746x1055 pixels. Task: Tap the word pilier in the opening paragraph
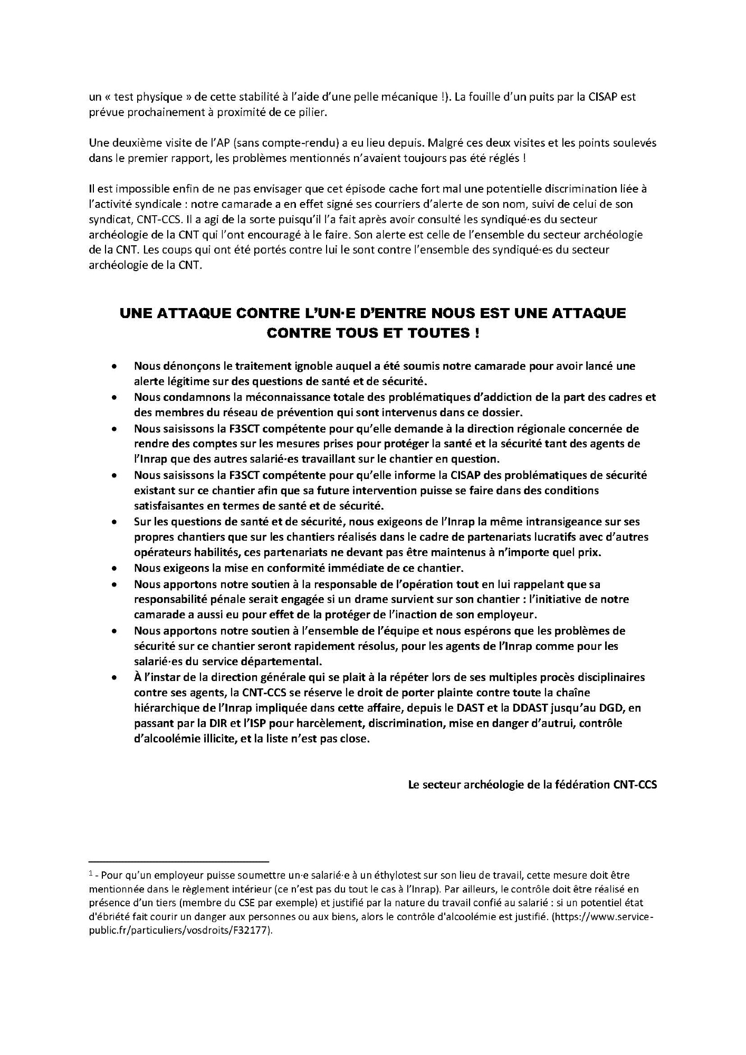click(x=314, y=113)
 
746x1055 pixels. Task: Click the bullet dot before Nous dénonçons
click(x=114, y=366)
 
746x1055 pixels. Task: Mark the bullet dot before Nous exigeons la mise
click(x=114, y=569)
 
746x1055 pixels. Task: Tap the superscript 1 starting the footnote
click(x=91, y=874)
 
